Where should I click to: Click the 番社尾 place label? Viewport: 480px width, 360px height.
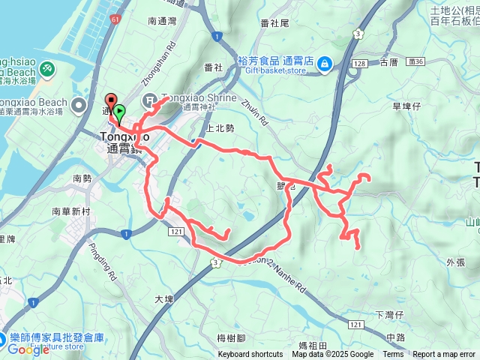click(x=274, y=23)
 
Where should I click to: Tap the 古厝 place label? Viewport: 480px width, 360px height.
click(x=389, y=63)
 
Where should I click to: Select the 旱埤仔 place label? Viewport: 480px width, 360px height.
click(x=408, y=106)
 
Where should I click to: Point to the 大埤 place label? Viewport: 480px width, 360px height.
click(x=163, y=298)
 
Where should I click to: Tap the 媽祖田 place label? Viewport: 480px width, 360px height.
click(x=313, y=345)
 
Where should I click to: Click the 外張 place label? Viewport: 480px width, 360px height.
click(x=455, y=262)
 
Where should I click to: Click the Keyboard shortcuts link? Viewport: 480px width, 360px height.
click(x=250, y=355)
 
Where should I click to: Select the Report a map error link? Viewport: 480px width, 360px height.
click(x=444, y=355)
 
